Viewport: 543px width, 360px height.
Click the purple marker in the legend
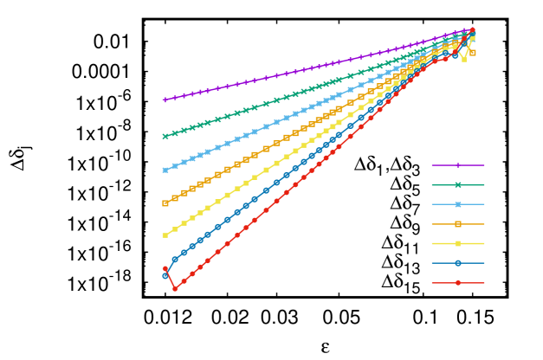[458, 164]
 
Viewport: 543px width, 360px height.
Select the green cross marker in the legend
[458, 184]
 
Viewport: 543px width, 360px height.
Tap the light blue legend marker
[458, 204]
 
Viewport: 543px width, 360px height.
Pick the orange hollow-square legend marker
[458, 224]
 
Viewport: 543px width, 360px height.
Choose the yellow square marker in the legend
[458, 243]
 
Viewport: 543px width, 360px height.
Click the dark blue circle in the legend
[458, 263]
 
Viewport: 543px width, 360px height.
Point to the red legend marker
[458, 283]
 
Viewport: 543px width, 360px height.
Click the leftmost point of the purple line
[165, 100]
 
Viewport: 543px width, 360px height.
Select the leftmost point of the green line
[165, 136]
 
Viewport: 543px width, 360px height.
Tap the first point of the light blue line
[165, 170]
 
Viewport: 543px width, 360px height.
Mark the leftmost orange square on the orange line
[165, 203]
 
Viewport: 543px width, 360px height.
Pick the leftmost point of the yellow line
[165, 235]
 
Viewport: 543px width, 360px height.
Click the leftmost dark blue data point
[165, 276]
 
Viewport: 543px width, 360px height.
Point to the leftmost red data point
[165, 269]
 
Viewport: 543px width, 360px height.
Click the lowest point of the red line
[175, 289]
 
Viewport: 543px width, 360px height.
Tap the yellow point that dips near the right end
[463, 60]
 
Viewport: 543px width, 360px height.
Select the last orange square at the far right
[472, 53]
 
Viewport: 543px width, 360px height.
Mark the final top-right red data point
[472, 30]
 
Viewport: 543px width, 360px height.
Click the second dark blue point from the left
[175, 259]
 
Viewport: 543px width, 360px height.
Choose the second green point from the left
[175, 132]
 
